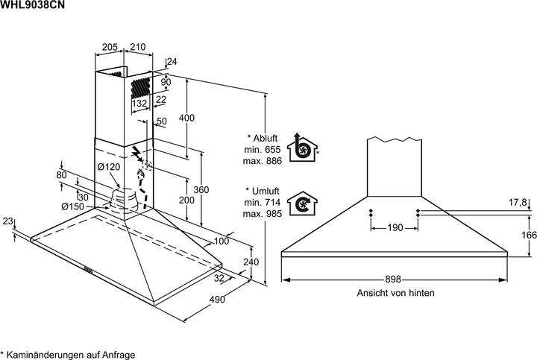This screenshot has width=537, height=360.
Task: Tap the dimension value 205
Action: tap(110, 48)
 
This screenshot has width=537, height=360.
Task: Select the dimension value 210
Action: tap(137, 48)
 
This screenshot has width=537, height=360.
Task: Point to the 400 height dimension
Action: tap(187, 118)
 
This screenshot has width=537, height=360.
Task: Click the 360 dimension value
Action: tap(201, 190)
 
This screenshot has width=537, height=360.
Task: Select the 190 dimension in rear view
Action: tap(395, 227)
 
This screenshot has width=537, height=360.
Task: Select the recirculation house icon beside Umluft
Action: tap(302, 203)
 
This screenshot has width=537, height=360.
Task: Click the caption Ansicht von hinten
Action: tap(395, 294)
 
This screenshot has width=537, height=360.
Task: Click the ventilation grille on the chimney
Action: tap(140, 88)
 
